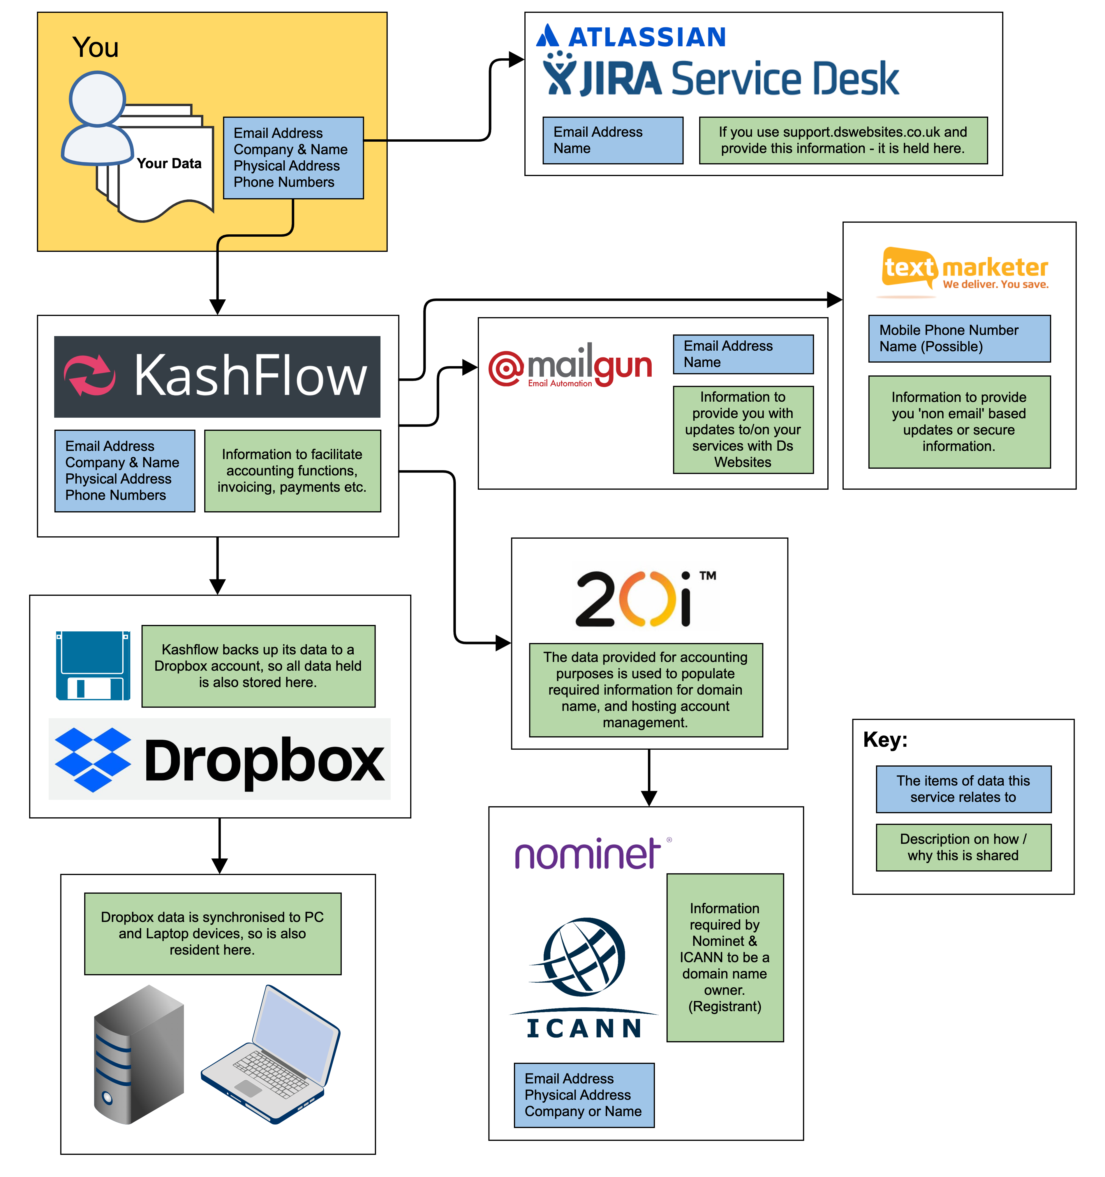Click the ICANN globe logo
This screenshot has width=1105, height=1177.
point(583,956)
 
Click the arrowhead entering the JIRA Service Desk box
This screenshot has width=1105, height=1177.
point(517,59)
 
